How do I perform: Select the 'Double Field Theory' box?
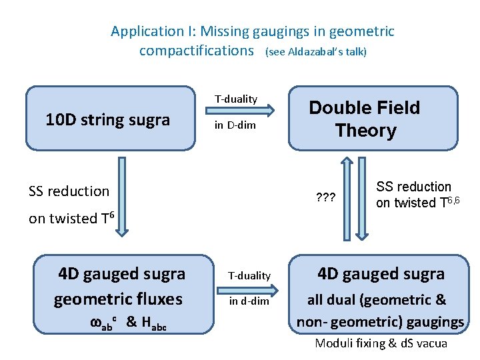(x=373, y=118)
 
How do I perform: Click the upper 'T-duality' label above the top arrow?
(x=235, y=99)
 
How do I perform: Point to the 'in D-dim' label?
(x=235, y=125)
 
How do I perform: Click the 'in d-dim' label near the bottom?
(x=249, y=301)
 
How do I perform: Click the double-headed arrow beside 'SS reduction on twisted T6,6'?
(x=361, y=198)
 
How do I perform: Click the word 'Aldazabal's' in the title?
(x=314, y=51)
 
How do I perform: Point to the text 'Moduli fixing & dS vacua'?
(x=381, y=344)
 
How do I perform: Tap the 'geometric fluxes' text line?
(x=118, y=299)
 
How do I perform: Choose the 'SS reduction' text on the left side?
(x=69, y=191)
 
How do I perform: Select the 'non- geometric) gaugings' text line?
(x=380, y=322)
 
